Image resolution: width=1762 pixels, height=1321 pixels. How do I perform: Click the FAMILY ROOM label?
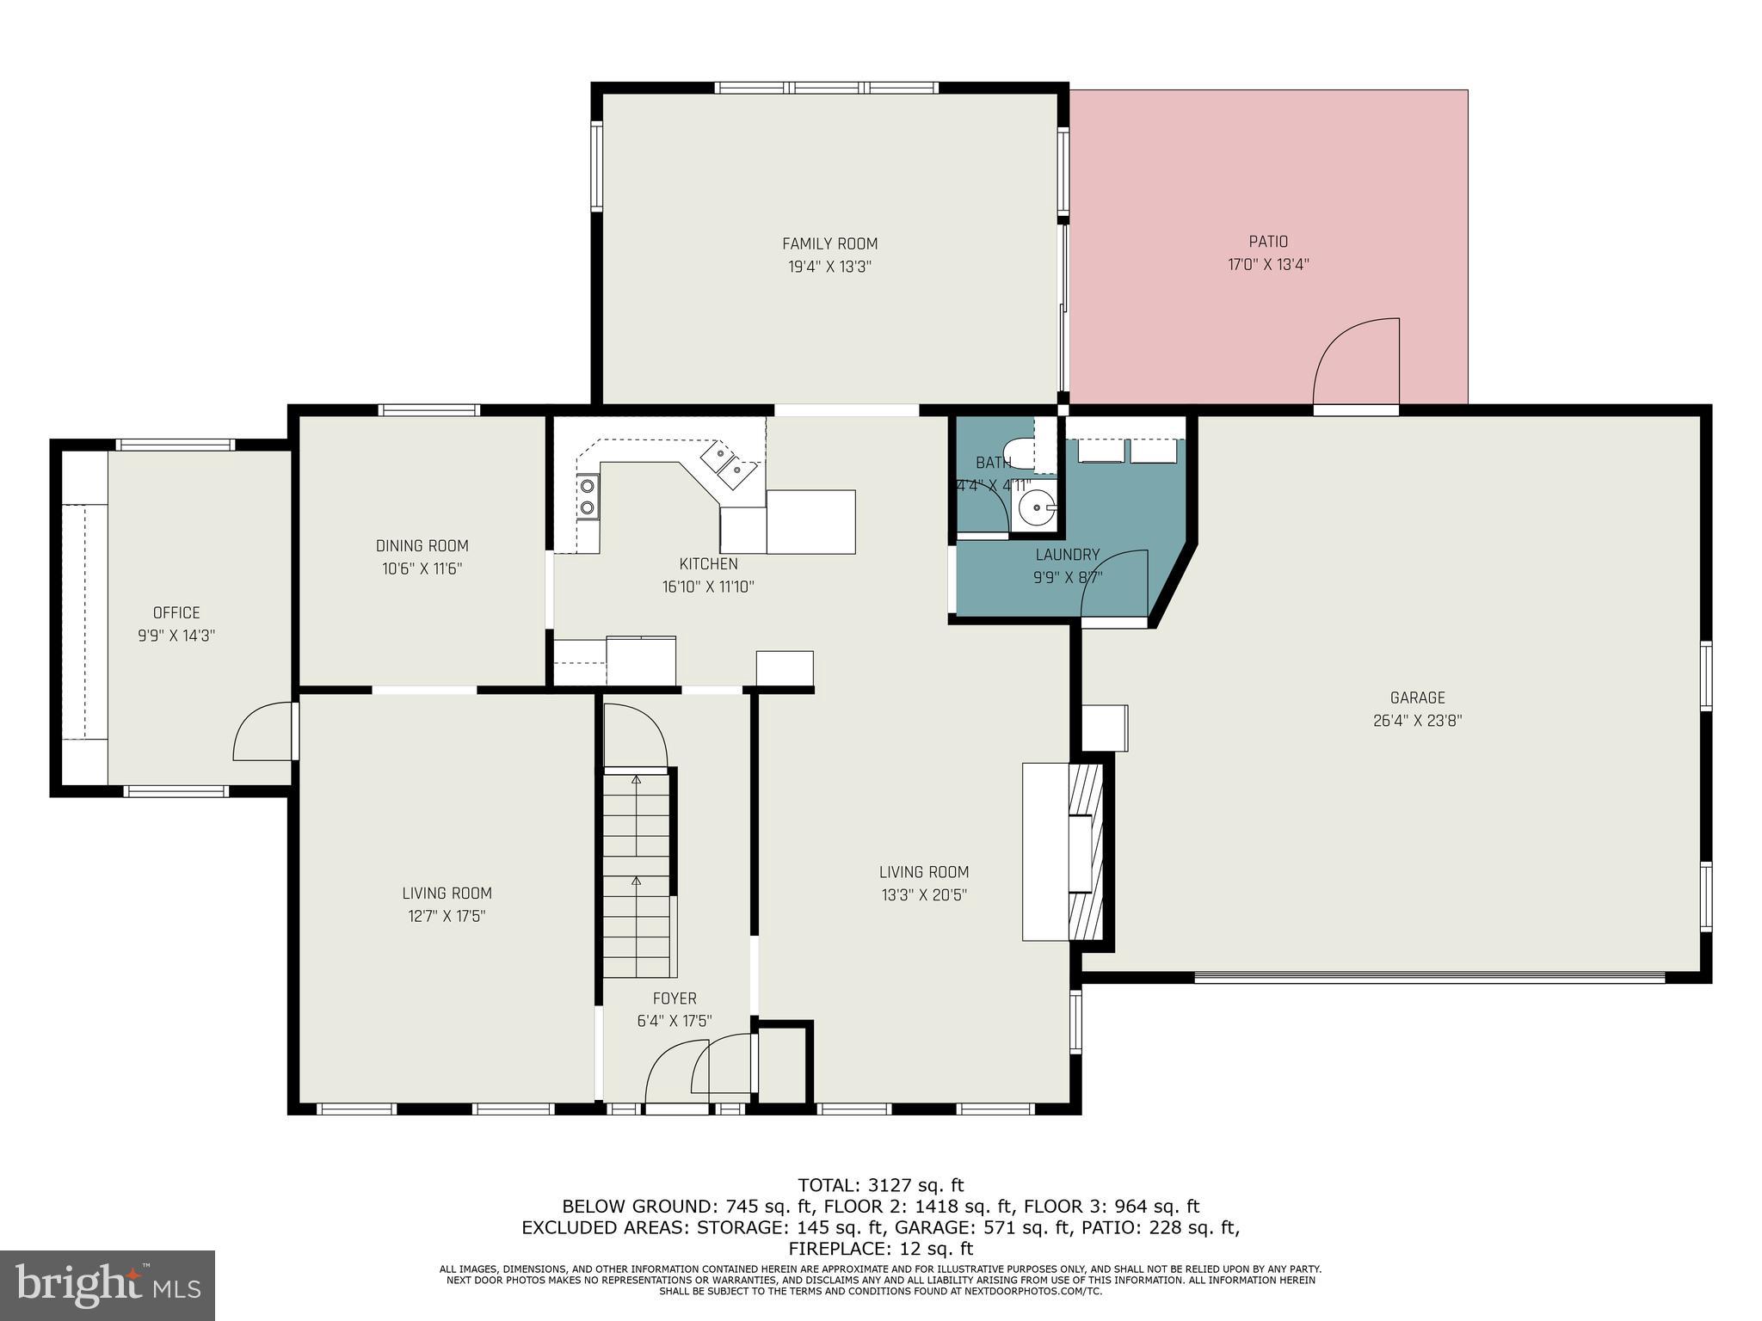pos(829,243)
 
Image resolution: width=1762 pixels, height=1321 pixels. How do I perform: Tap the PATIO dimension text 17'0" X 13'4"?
pos(1268,265)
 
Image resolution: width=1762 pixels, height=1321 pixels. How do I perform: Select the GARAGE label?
pos(1417,697)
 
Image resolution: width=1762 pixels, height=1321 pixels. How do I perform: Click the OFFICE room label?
pos(176,612)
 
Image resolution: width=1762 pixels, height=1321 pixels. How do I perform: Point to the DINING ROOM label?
pos(422,545)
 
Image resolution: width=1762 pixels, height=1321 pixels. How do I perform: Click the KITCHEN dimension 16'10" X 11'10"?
pos(708,587)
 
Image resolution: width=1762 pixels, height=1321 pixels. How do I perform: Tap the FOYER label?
pos(675,998)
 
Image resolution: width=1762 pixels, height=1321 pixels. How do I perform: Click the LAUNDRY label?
pos(1067,555)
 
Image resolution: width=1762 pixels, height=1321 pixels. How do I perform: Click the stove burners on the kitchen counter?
pos(588,496)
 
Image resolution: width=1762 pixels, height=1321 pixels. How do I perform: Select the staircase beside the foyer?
pos(636,873)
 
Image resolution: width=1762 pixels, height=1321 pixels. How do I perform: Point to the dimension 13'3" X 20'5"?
pos(924,894)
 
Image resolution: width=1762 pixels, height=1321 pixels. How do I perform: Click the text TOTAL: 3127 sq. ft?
pos(880,1185)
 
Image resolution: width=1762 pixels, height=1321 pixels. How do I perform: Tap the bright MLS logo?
pos(108,1285)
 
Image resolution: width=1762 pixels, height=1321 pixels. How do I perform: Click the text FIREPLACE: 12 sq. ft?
pos(880,1248)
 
